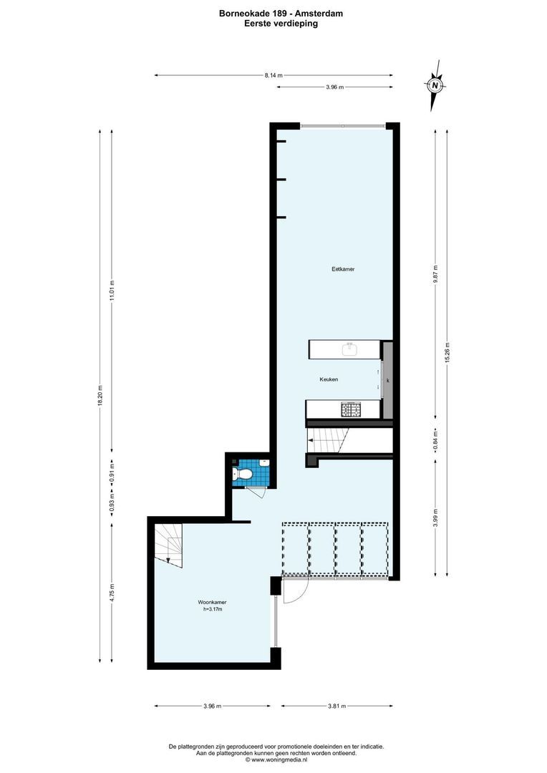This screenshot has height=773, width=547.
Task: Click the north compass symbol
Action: [x=435, y=86]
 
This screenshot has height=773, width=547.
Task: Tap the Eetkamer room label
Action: [x=344, y=269]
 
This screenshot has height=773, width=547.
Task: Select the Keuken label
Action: [x=329, y=379]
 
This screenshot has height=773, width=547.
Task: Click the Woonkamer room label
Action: [x=213, y=603]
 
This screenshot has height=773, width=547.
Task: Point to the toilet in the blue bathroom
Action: [x=243, y=474]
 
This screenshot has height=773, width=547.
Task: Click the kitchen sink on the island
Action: [x=350, y=349]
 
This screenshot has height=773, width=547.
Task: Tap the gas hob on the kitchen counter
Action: [x=352, y=409]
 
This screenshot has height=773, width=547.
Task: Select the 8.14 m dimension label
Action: [x=273, y=75]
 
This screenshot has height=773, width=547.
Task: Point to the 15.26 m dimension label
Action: [x=447, y=350]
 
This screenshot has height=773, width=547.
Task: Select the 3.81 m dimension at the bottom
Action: [x=337, y=706]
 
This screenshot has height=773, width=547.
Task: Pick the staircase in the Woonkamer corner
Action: [x=170, y=543]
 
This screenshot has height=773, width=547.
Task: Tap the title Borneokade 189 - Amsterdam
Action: [x=274, y=13]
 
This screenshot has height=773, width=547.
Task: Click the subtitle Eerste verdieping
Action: [x=274, y=23]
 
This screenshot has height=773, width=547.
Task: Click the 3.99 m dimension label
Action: [x=435, y=518]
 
